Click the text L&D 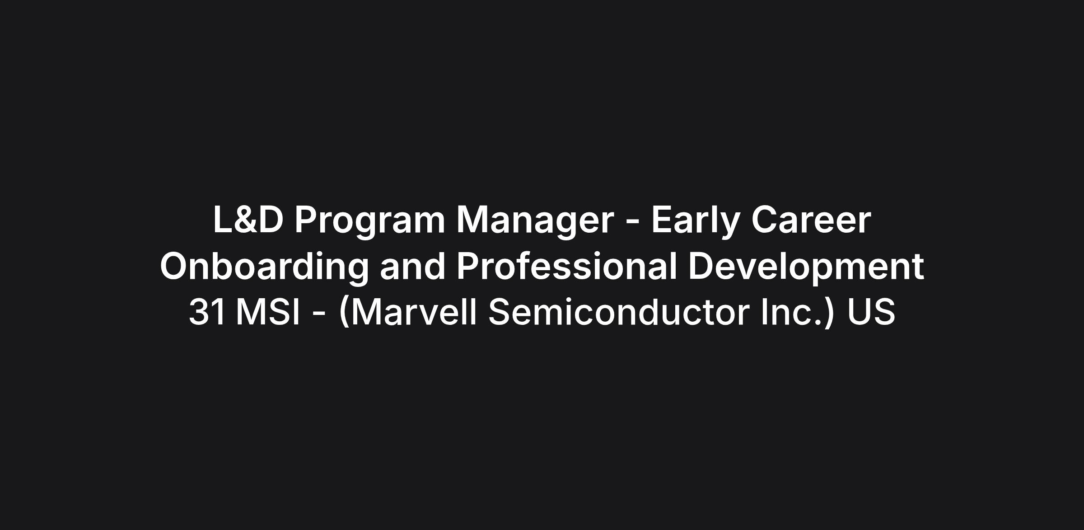point(248,220)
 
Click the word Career point(811,220)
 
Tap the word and point(413,266)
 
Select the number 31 point(207,312)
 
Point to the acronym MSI point(268,312)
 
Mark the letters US point(871,312)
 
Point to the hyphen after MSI point(318,314)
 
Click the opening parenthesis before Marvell point(344,312)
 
